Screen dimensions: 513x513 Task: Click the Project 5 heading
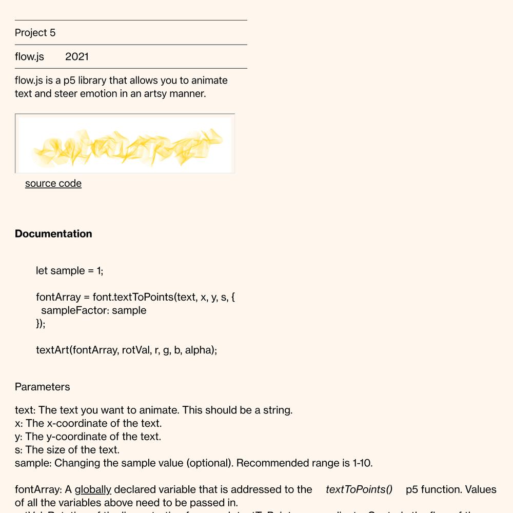pyautogui.click(x=35, y=33)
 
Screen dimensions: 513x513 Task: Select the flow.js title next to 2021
pyautogui.click(x=29, y=56)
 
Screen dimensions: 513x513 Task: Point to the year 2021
pyautogui.click(x=77, y=56)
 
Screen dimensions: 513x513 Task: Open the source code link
pyautogui.click(x=53, y=184)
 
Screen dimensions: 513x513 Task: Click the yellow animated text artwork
pyautogui.click(x=126, y=144)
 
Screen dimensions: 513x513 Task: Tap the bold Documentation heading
pyautogui.click(x=53, y=234)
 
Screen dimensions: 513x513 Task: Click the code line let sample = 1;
pyautogui.click(x=70, y=270)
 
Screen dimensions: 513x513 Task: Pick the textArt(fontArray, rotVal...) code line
pyautogui.click(x=126, y=350)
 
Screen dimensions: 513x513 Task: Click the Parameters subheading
pyautogui.click(x=43, y=387)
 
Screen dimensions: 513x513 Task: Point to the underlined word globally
pyautogui.click(x=93, y=489)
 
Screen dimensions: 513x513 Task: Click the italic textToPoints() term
pyautogui.click(x=359, y=489)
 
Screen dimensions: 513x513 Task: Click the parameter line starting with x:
pyautogui.click(x=88, y=423)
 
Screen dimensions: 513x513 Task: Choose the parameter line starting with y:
pyautogui.click(x=88, y=437)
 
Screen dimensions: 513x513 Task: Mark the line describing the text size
pyautogui.click(x=67, y=450)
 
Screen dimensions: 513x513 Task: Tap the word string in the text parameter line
pyautogui.click(x=277, y=410)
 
